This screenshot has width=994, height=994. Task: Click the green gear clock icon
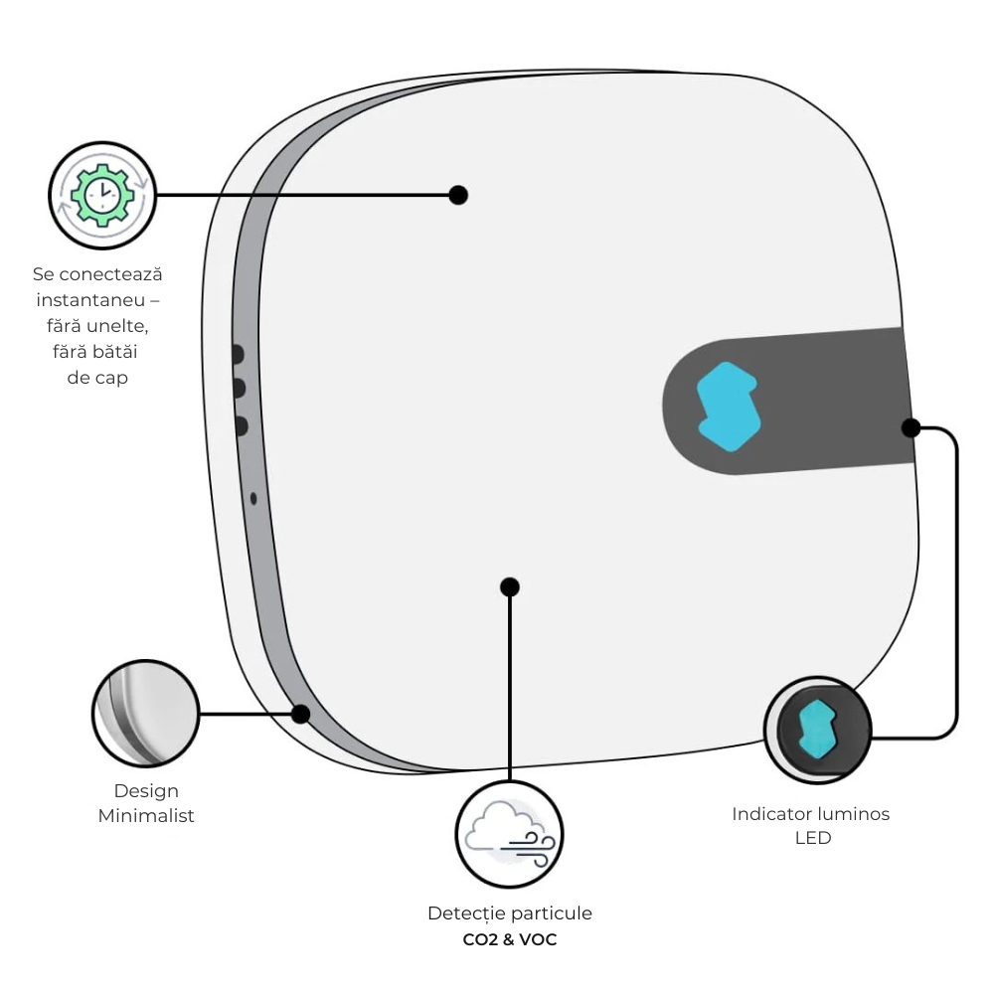(102, 195)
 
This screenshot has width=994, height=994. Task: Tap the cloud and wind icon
(509, 833)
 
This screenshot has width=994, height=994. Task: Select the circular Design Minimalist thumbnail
(145, 714)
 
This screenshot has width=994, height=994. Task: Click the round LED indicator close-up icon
(817, 730)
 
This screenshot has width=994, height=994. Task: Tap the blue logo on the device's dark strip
(730, 407)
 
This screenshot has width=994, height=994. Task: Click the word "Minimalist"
(146, 816)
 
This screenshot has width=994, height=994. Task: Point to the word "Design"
(146, 791)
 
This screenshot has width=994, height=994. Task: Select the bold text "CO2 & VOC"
(510, 938)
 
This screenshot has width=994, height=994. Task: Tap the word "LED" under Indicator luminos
(812, 838)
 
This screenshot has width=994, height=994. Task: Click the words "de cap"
(97, 378)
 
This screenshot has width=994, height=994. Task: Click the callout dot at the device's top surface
(458, 195)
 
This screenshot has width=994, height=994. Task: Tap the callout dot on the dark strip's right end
(911, 428)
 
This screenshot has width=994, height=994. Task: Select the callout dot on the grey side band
(300, 714)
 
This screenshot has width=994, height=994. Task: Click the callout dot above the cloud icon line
(510, 586)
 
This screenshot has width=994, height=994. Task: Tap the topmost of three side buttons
(239, 354)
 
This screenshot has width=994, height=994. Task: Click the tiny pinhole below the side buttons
(252, 498)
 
